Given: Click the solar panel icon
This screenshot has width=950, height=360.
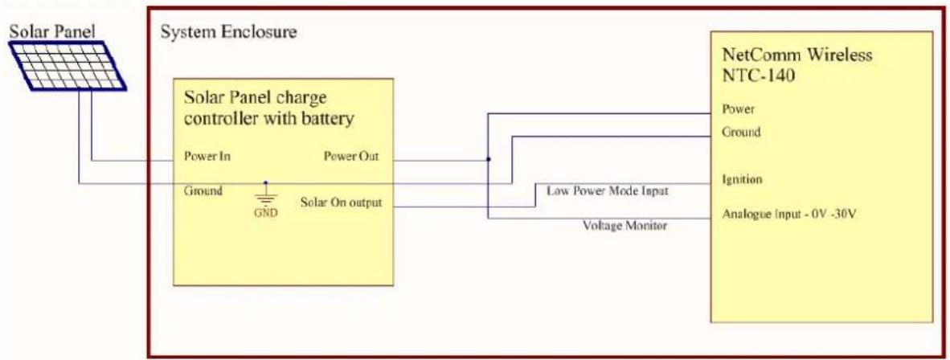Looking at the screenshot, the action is pos(68,65).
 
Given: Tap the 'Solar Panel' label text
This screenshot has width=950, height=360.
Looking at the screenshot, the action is pos(53,31).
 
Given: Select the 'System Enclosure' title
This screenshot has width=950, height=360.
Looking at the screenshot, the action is pos(228,32).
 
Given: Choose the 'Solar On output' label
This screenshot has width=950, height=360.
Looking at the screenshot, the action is pos(341,202).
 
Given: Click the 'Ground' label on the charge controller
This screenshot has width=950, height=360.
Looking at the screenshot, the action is pos(203,190).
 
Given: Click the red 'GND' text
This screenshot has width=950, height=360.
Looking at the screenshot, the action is pos(265,215).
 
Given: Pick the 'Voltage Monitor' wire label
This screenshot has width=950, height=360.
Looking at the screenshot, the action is pos(624,226).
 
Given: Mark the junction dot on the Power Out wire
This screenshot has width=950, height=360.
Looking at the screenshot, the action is pos(489,159).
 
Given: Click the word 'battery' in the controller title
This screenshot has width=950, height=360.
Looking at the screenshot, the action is pos(328,120).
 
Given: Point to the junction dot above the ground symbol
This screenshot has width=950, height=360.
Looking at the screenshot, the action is pos(264,182).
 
